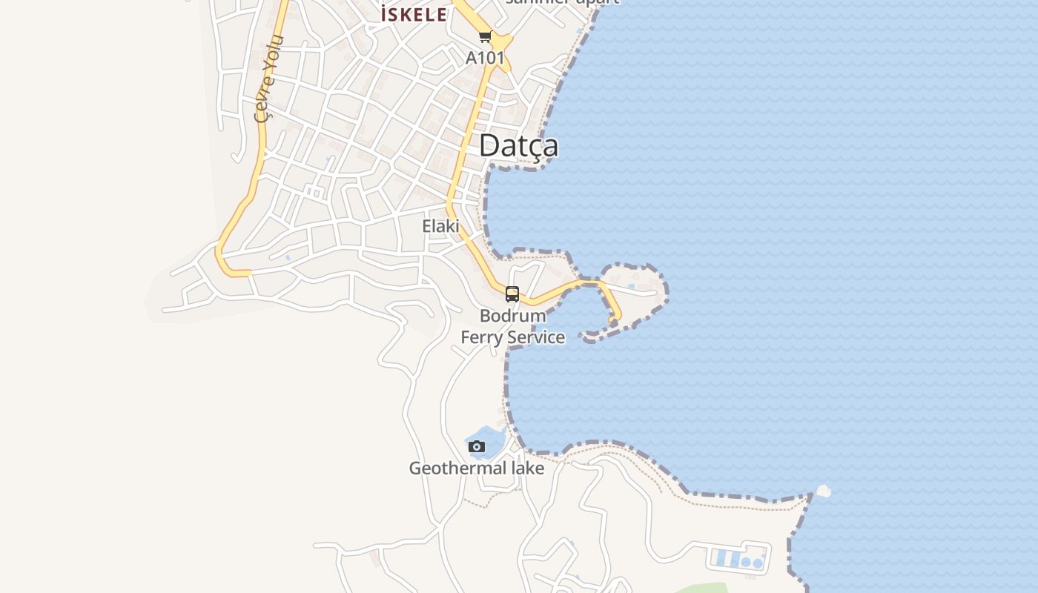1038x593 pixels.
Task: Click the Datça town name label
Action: (518, 145)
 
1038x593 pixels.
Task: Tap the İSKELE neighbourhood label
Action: (414, 14)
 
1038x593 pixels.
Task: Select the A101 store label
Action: (485, 58)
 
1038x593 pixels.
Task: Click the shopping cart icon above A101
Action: (485, 36)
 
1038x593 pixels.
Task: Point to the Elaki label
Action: (441, 226)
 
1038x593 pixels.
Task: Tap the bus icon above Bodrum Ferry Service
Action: (512, 294)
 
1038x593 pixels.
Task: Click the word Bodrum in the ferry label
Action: (512, 316)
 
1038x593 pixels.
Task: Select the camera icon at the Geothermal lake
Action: (477, 446)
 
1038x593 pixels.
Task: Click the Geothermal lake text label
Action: (477, 468)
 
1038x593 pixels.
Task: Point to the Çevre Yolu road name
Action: (268, 78)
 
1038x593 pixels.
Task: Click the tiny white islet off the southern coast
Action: (823, 491)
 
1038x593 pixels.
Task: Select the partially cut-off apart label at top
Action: (562, 2)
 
